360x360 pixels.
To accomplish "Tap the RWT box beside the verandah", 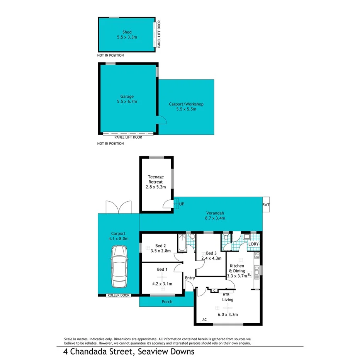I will coord(266,205).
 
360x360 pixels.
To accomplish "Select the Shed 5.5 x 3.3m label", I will coord(127,35).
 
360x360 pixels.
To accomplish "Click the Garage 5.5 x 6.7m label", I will coord(127,99).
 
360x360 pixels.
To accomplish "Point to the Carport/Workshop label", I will coord(186,107).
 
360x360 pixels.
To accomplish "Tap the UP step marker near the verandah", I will coord(182,204).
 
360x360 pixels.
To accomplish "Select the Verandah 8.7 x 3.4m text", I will coord(215,216).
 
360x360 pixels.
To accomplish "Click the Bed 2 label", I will coord(161,248).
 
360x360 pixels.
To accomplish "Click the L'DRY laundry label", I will coord(253,244).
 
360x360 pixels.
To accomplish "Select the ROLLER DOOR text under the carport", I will coord(119,295).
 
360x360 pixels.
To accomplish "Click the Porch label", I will coord(167,302).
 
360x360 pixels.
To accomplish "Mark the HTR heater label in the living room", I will coord(226,294).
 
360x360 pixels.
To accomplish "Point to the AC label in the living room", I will coord(204,319).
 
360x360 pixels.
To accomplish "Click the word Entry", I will coord(190,278).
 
